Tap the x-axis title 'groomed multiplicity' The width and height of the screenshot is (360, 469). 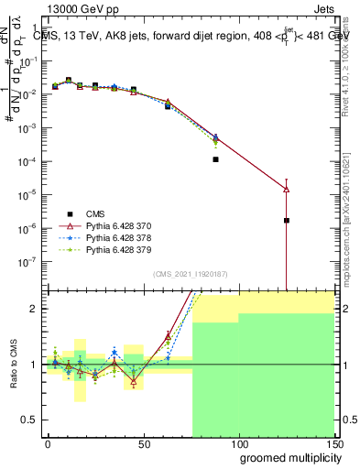(286, 457)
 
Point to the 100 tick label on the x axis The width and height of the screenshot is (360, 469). (238, 442)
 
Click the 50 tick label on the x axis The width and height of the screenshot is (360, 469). (143, 442)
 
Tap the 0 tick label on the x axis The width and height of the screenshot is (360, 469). (48, 442)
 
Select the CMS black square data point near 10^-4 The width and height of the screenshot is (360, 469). (215, 159)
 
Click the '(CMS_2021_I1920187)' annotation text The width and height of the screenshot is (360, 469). (190, 275)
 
